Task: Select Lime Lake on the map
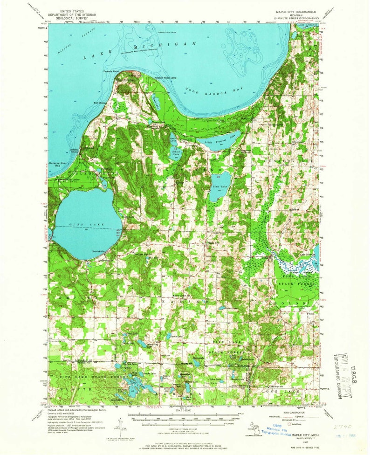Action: [x=219, y=186]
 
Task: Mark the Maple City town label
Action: [x=212, y=242]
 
